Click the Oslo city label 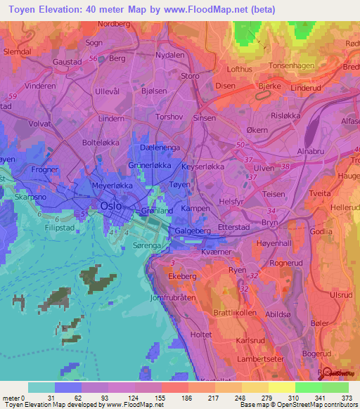pyautogui.click(x=112, y=206)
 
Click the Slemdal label pyautogui.click(x=18, y=52)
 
